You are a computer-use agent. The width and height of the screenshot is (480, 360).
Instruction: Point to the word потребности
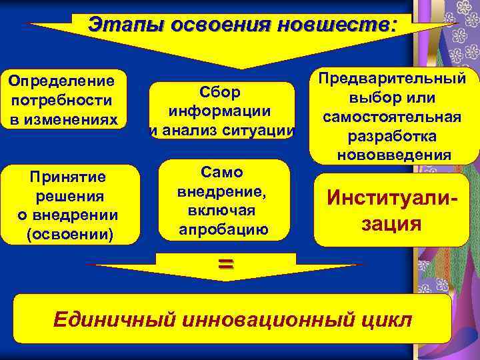pyautogui.click(x=61, y=101)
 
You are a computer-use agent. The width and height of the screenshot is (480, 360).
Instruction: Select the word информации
pyautogui.click(x=221, y=111)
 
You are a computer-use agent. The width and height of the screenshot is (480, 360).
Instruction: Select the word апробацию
pyautogui.click(x=224, y=230)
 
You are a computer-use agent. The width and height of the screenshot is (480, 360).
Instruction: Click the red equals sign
pyautogui.click(x=225, y=263)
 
